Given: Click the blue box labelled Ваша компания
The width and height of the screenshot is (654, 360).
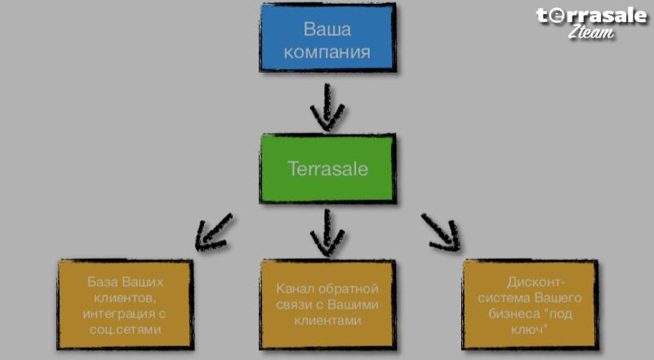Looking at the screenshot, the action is tap(328, 38).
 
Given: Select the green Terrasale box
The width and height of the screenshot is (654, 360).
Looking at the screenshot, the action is tap(328, 168).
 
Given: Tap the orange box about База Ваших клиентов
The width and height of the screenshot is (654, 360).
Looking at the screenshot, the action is tap(125, 304).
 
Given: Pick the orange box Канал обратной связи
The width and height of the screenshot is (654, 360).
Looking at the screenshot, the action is tap(328, 304).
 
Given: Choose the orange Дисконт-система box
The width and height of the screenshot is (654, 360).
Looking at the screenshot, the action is tap(530, 304).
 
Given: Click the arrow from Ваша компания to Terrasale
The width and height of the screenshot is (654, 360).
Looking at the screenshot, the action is tap(327, 107).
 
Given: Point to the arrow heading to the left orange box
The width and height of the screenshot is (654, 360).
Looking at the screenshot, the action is tap(214, 233).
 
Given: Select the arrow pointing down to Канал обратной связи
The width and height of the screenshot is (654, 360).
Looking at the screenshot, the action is tap(327, 233).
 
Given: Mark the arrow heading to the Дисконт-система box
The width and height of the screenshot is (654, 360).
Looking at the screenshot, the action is tap(441, 233).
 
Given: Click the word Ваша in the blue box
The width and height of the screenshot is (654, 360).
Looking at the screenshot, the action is tap(327, 29).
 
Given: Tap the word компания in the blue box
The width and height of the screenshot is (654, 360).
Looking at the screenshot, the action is tap(327, 52).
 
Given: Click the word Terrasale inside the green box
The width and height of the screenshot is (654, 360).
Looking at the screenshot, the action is tap(328, 168).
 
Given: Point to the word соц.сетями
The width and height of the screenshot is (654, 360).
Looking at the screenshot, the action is tap(125, 330).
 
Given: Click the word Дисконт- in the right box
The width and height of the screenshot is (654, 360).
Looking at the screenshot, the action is tap(536, 282).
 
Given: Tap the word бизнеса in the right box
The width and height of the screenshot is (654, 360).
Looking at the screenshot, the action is tap(514, 313).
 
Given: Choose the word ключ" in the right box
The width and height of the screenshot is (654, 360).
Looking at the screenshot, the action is tap(530, 330).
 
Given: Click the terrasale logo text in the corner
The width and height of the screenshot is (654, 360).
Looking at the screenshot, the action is tap(591, 16).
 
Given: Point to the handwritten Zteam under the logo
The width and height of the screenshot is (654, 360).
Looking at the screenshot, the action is tap(591, 32).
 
